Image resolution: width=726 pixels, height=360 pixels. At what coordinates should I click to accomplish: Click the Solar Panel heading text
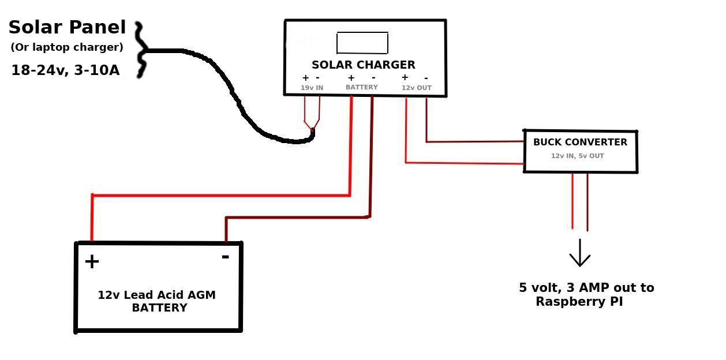tap(67, 27)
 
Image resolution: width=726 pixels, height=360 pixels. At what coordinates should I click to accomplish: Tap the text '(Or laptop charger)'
tap(67, 47)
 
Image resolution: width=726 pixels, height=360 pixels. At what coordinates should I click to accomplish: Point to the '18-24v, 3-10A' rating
tap(65, 70)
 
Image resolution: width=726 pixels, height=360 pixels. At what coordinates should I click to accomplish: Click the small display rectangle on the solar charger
tap(362, 43)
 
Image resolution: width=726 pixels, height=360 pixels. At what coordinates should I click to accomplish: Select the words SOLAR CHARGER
tap(364, 65)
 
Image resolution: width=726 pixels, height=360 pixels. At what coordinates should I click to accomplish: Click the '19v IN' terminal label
tap(312, 88)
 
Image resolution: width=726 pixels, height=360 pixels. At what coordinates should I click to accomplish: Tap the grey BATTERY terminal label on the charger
tap(362, 87)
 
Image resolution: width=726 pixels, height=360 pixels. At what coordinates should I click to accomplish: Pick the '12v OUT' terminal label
tap(416, 88)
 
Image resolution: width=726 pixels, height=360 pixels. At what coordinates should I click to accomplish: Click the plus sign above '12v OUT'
tap(405, 77)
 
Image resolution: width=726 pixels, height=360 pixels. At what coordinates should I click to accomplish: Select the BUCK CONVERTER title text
tap(580, 142)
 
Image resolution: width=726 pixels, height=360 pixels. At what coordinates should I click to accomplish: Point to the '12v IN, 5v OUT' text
tap(578, 156)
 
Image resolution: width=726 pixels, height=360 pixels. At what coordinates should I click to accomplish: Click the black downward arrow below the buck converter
tap(579, 254)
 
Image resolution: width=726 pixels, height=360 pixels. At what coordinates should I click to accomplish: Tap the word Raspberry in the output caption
tap(569, 301)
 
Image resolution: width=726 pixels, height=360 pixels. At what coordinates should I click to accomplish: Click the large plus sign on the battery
tap(92, 262)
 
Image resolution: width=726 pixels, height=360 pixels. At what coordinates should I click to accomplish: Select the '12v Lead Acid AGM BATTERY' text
tap(157, 301)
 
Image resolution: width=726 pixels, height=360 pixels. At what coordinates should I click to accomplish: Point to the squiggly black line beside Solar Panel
tap(140, 51)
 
